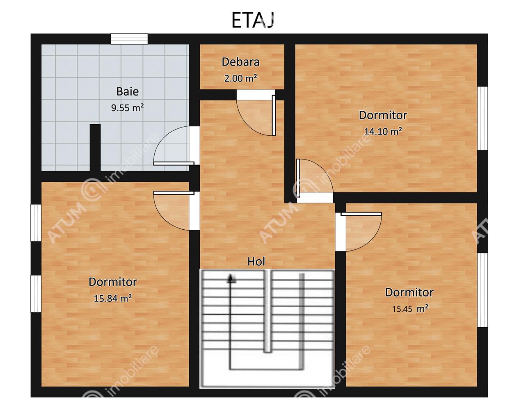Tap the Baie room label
pos(128,91)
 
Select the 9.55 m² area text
pos(128,107)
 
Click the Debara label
pos(240,62)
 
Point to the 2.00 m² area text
pos(240,78)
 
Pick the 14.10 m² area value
pos(383,131)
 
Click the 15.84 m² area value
pos(113,298)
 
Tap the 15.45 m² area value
pos(410,309)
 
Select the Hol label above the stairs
pos(256,261)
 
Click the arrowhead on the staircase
pos(231,279)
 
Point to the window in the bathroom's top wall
pos(129,39)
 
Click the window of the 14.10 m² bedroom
pos(482,119)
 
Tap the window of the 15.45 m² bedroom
pos(482,290)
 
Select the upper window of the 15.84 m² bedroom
pos(36,223)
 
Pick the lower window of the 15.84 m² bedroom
pos(36,294)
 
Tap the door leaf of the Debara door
pos(274,115)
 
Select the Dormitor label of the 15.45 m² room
pos(409,292)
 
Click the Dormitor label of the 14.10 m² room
pos(383,115)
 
